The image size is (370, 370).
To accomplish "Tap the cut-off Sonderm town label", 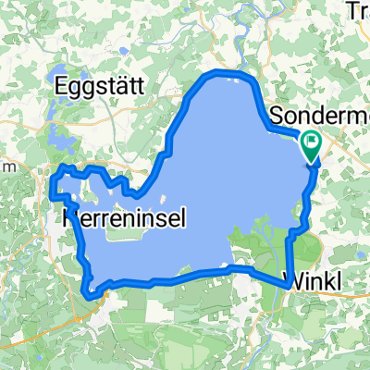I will pos(319,117).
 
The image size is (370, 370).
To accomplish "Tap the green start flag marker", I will pos(311,144).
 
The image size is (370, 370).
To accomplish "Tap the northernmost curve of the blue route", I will pos(222,72).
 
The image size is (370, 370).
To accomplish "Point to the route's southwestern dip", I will pos(91,294).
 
